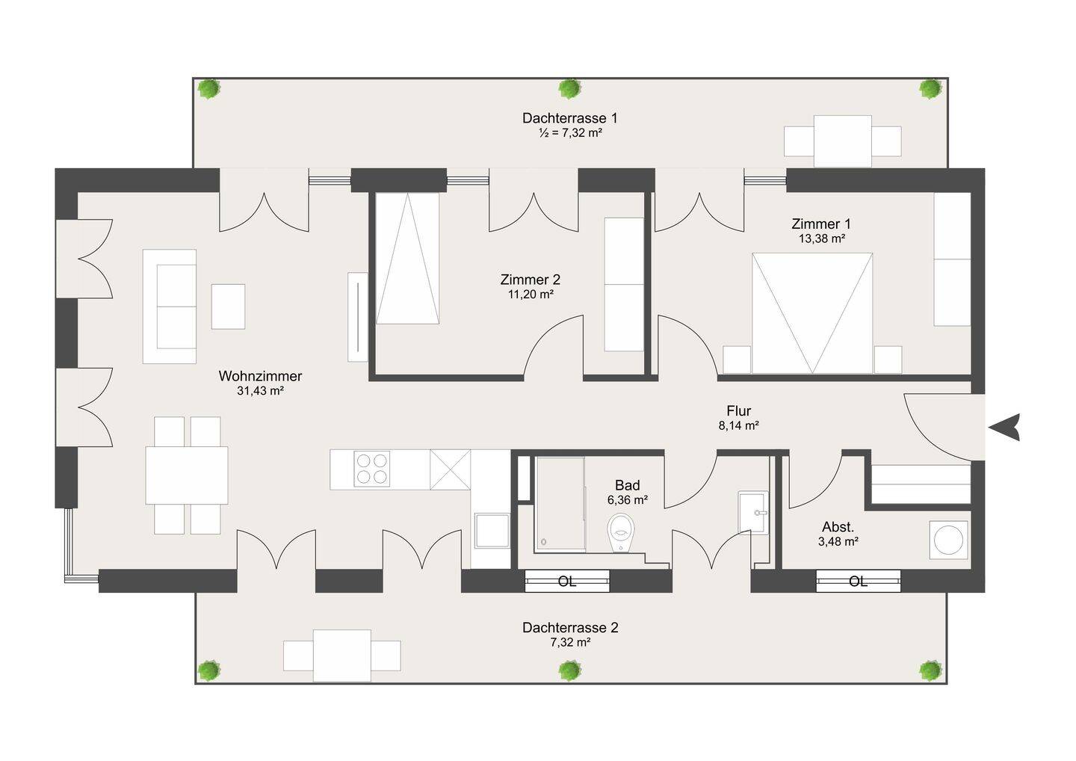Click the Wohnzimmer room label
(x=260, y=376)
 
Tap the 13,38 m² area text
(x=822, y=238)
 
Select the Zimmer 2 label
(x=531, y=279)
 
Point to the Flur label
(x=738, y=410)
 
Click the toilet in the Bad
(x=621, y=532)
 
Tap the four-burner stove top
(x=372, y=469)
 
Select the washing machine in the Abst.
(x=948, y=540)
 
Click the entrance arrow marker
(x=1005, y=427)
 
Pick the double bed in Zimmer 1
(x=812, y=312)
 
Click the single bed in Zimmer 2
(x=407, y=259)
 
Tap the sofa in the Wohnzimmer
(x=170, y=306)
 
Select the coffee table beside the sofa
(x=228, y=306)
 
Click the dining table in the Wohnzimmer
(x=186, y=475)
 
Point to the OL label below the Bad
(x=567, y=582)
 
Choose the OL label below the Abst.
(x=858, y=582)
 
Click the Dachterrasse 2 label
(x=570, y=627)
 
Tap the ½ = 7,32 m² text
(x=570, y=133)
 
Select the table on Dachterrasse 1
(x=843, y=141)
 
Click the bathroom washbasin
(x=753, y=512)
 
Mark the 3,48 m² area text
(x=838, y=541)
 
